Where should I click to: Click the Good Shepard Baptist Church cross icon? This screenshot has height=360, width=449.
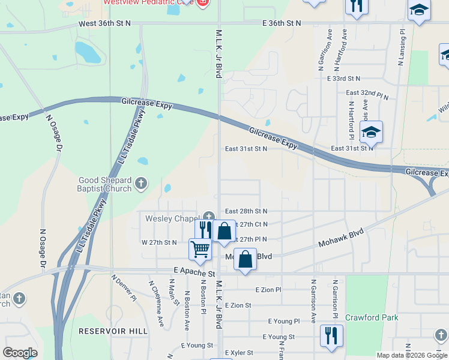[x=141, y=184]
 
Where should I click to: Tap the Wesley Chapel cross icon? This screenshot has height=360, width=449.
[x=209, y=217]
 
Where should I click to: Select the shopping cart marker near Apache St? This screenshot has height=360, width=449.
[x=200, y=248]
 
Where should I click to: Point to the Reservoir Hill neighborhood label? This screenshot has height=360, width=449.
[x=113, y=331]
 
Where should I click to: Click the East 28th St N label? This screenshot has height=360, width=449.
[x=246, y=211]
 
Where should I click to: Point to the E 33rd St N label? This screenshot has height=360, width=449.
[x=343, y=79]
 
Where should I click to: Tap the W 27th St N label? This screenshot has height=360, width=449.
[x=159, y=242]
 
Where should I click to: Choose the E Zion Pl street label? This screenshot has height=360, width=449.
[x=268, y=290]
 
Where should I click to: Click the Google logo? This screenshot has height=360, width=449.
[x=20, y=353]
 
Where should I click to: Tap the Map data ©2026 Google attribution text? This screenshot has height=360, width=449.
[x=411, y=355]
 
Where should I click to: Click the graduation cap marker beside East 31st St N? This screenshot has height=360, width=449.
[x=371, y=133]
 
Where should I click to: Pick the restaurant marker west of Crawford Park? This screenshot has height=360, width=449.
[x=331, y=335]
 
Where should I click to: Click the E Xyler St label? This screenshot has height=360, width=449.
[x=239, y=353]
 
